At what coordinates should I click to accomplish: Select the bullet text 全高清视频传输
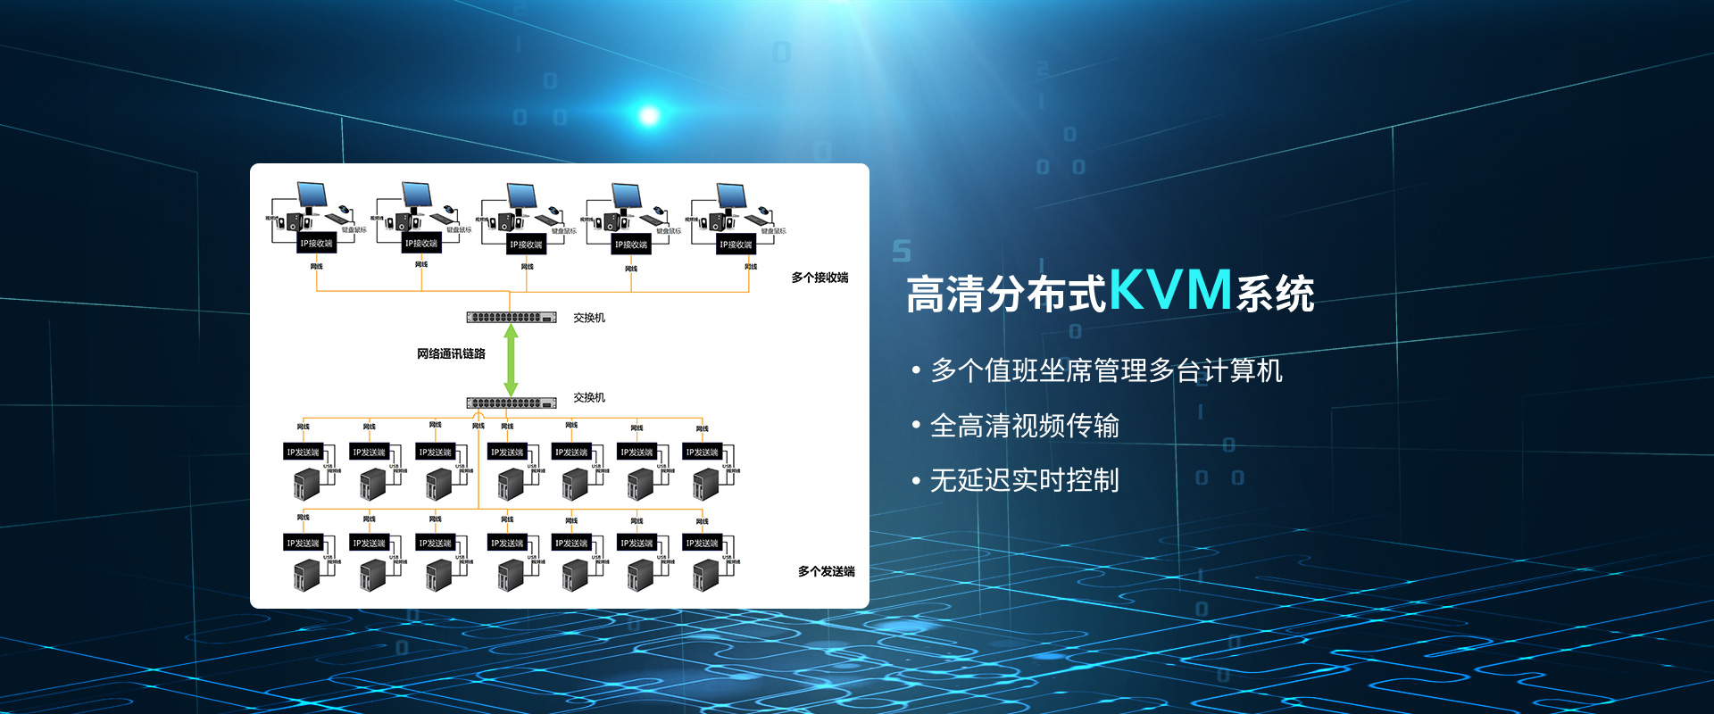tap(1024, 426)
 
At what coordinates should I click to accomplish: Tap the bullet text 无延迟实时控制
tap(1024, 480)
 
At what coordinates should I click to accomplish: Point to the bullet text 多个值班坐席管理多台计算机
tap(1106, 370)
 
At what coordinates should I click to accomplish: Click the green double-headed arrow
tap(511, 359)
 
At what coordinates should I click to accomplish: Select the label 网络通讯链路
tap(451, 354)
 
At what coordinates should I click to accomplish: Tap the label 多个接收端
tap(820, 278)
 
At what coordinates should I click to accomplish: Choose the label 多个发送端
tap(826, 571)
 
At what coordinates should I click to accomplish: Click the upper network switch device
tap(511, 318)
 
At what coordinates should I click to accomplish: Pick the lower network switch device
tap(511, 403)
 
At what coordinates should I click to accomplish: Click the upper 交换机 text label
tap(589, 318)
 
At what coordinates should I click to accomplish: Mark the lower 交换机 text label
tap(589, 397)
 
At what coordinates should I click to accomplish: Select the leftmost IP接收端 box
tap(316, 244)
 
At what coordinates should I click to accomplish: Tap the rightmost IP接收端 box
tap(736, 245)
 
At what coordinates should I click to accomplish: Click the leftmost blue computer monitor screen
tap(312, 194)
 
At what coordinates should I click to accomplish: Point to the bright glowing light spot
tap(649, 115)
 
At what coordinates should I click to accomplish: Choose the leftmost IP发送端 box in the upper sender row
tap(303, 452)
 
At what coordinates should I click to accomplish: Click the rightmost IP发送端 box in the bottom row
tap(702, 543)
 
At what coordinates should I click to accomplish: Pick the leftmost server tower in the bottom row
tap(306, 575)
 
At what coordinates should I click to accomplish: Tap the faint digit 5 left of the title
tap(902, 252)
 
